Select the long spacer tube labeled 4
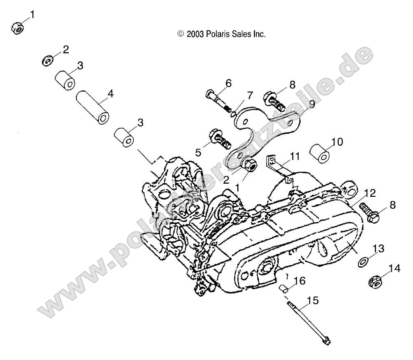point(92,107)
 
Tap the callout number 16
point(300,281)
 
